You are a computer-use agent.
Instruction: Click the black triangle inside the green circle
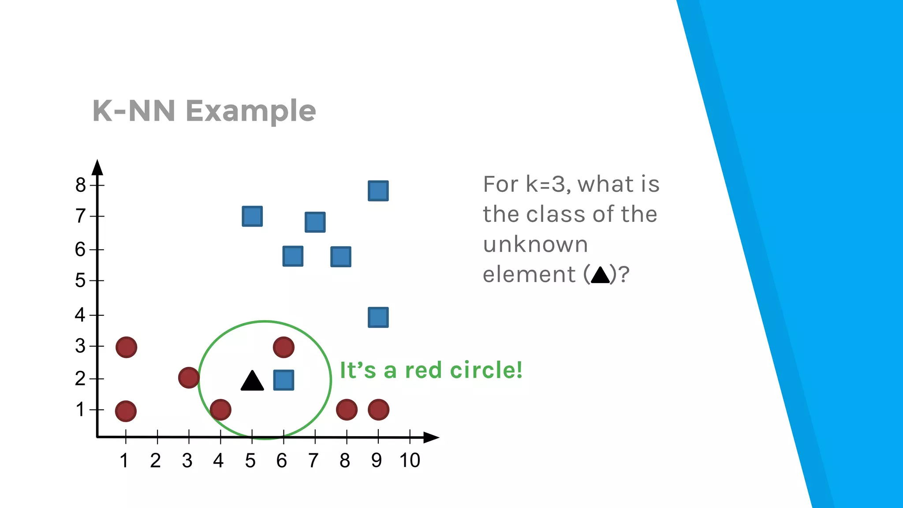coord(252,381)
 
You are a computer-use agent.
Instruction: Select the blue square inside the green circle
coord(284,380)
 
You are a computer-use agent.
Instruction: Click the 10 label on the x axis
coord(410,460)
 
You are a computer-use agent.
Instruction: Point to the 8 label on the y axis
coord(80,185)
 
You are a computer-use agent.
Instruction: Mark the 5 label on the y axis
coord(80,280)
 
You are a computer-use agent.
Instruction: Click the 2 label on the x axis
coord(155,460)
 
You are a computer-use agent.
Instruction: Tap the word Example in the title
coord(251,111)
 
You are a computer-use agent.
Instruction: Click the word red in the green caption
coord(423,370)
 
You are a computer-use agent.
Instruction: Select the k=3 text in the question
coord(546,184)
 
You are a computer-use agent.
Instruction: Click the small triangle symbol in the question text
coord(600,275)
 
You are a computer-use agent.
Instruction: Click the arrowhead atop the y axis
coord(97,168)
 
